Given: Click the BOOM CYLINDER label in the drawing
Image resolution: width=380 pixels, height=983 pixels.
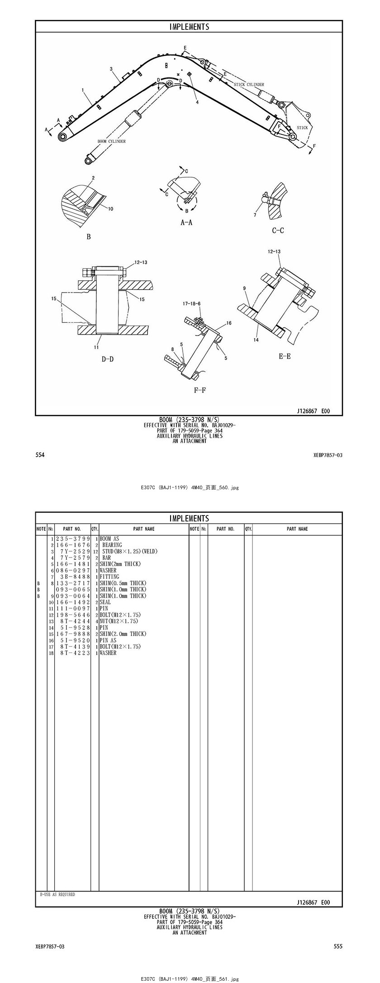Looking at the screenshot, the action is [112, 142].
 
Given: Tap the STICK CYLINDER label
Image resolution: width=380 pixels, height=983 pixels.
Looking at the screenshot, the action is [249, 85].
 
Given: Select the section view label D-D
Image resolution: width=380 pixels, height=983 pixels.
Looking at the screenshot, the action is [107, 359].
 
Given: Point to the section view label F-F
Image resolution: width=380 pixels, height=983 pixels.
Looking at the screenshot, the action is [200, 390].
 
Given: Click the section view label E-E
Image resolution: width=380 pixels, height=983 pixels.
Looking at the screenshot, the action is [285, 356].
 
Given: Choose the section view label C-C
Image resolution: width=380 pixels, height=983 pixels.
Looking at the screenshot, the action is [278, 231].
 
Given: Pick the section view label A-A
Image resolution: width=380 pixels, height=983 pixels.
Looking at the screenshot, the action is [186, 222].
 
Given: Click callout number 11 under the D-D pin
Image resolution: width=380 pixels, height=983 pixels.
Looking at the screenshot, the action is [96, 348].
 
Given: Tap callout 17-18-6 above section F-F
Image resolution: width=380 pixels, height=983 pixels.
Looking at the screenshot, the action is [192, 304].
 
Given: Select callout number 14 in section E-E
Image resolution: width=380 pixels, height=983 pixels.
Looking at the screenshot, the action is [256, 340].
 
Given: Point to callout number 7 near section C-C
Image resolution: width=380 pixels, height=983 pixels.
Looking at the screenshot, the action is [255, 215].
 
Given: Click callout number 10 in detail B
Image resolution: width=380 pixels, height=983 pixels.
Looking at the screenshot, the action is [110, 208].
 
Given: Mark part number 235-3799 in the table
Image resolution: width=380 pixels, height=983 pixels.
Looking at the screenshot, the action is [73, 539].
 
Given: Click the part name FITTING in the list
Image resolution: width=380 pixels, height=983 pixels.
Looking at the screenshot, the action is [109, 577].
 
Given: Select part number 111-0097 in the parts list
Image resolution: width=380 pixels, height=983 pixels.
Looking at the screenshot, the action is [73, 609].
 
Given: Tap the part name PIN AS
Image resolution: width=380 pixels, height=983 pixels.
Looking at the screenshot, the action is [108, 640].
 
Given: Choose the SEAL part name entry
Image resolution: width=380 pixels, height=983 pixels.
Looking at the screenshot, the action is [105, 602].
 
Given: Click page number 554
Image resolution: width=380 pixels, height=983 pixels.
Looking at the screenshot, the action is [40, 455].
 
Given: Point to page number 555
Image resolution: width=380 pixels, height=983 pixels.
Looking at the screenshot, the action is [338, 946].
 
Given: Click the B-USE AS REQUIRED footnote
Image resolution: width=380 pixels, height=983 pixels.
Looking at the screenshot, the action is [57, 894].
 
